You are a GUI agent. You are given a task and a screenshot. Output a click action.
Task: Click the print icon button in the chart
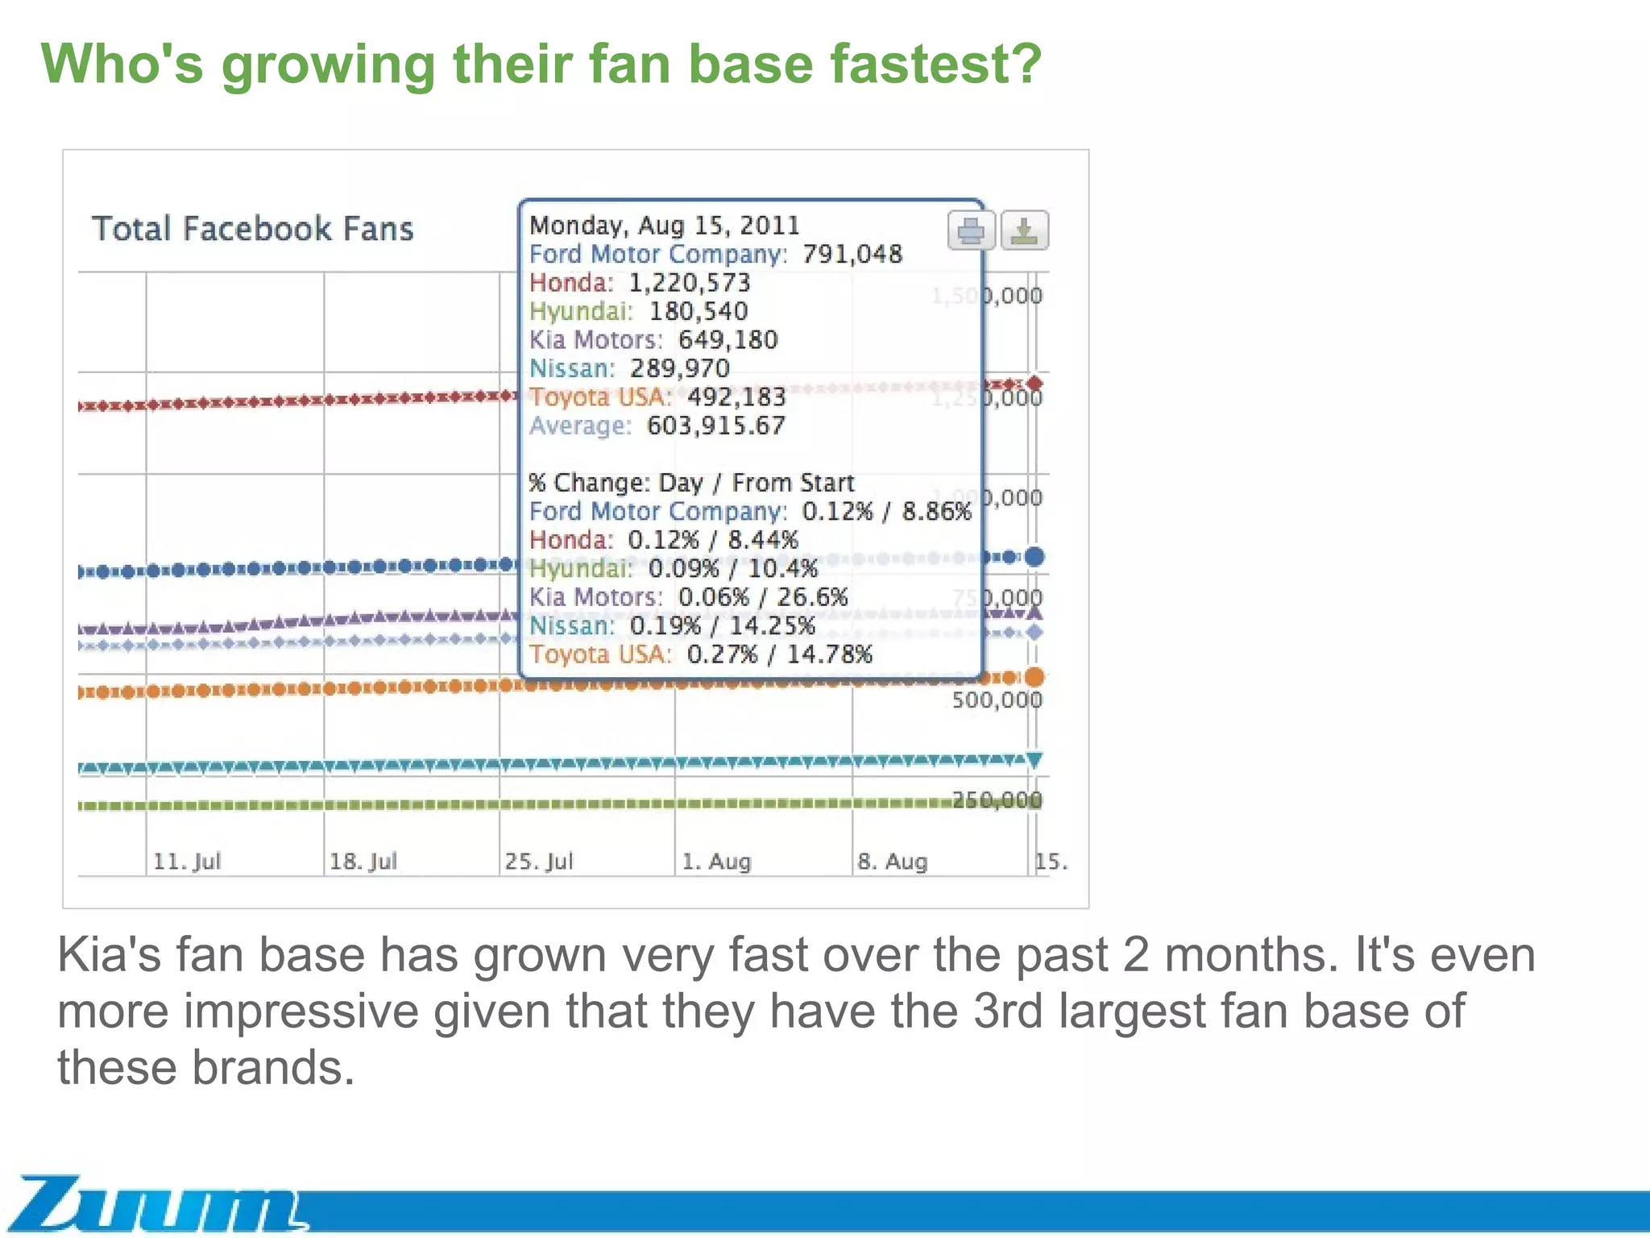click(970, 231)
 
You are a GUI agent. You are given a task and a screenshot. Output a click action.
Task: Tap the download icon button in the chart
click(1024, 231)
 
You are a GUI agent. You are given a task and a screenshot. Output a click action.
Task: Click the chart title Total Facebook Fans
click(252, 229)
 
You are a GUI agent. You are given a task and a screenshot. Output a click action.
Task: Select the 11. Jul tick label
click(187, 862)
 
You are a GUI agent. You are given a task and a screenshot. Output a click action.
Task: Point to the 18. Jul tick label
click(363, 862)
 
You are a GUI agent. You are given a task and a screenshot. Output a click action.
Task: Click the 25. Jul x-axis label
click(539, 862)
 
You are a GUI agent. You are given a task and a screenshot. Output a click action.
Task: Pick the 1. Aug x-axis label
click(716, 862)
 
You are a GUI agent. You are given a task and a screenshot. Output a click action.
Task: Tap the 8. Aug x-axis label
click(893, 862)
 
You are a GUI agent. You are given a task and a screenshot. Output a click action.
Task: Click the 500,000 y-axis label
click(997, 700)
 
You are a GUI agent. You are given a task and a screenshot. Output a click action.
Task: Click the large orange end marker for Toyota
click(1034, 677)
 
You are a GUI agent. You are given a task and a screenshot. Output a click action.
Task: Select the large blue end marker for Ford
click(1034, 556)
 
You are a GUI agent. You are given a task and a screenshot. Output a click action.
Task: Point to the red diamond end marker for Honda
click(1035, 383)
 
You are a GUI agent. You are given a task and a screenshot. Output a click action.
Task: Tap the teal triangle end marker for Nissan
click(1035, 759)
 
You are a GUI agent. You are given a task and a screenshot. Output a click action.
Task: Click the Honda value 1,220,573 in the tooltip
click(690, 283)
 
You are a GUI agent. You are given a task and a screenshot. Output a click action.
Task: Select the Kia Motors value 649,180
click(728, 340)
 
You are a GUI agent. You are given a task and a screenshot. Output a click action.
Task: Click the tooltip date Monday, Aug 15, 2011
click(665, 225)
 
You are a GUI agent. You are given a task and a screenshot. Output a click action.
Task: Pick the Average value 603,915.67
click(716, 426)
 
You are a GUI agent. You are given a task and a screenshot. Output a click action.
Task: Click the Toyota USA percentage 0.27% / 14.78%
click(780, 654)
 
